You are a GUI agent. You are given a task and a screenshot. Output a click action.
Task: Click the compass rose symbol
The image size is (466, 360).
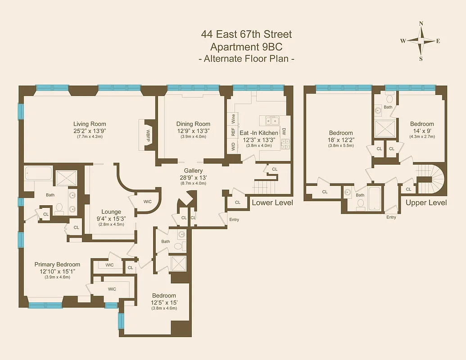click(x=421, y=40)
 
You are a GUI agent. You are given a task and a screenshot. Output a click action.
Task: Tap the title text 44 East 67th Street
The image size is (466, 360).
click(x=246, y=34)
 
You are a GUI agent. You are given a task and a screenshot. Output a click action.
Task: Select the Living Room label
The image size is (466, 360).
click(x=90, y=124)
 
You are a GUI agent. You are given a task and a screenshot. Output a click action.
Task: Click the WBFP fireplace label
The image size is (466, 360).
click(x=147, y=135)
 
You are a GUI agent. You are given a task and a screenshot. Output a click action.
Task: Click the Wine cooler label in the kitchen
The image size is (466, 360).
click(x=233, y=119)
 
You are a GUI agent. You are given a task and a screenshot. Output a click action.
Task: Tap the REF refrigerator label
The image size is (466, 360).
click(x=233, y=132)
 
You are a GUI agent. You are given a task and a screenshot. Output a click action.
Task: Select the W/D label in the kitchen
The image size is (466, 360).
click(x=233, y=146)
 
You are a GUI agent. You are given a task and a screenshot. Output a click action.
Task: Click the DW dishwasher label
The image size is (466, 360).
click(x=284, y=132)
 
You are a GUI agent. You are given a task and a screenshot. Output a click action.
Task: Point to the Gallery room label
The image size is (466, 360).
click(x=193, y=171)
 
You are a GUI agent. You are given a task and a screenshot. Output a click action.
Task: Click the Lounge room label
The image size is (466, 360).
click(x=111, y=212)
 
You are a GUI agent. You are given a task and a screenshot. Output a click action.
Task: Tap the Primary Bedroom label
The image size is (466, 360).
click(x=57, y=265)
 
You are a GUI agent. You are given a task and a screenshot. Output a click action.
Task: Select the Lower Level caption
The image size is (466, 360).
click(x=272, y=203)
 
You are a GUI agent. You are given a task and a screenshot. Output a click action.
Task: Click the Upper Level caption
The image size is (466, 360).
click(x=426, y=203)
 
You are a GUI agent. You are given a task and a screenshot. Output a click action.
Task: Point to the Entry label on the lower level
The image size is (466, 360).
click(x=234, y=220)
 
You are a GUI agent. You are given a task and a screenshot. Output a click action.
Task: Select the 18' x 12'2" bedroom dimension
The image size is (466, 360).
click(x=341, y=139)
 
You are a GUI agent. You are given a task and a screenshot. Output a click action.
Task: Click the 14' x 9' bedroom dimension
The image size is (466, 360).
click(x=422, y=130)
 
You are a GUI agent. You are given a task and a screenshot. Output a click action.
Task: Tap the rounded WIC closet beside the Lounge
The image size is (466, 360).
click(x=148, y=202)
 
